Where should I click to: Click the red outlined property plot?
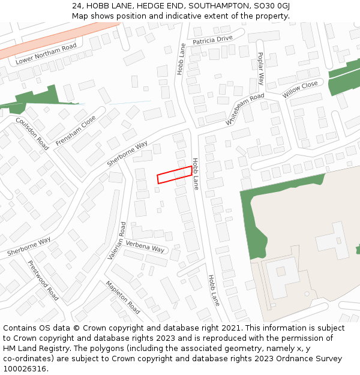175,175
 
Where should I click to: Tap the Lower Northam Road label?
46,53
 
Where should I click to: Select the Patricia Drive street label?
212,40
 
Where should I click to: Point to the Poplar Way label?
261,68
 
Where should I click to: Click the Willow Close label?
300,90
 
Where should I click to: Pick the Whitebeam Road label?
245,109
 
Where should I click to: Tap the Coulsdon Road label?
32,133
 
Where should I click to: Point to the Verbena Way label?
145,247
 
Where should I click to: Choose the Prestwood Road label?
43,280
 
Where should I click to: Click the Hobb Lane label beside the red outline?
195,174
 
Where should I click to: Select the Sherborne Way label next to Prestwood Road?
29,246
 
